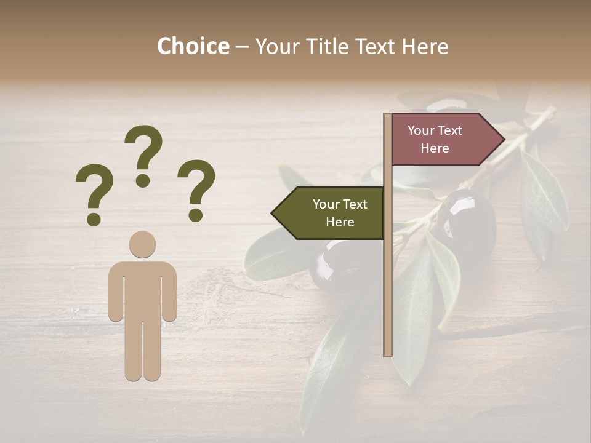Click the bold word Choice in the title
click(x=193, y=46)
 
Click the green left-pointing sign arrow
click(x=329, y=214)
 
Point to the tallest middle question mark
click(x=143, y=151)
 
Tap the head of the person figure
click(x=142, y=244)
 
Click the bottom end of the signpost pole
click(x=388, y=353)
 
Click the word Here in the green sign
click(x=340, y=222)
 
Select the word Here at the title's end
click(x=425, y=46)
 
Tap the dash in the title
click(x=242, y=47)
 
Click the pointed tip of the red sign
click(x=504, y=140)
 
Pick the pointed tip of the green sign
click(x=273, y=214)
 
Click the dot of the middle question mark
click(x=143, y=180)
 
